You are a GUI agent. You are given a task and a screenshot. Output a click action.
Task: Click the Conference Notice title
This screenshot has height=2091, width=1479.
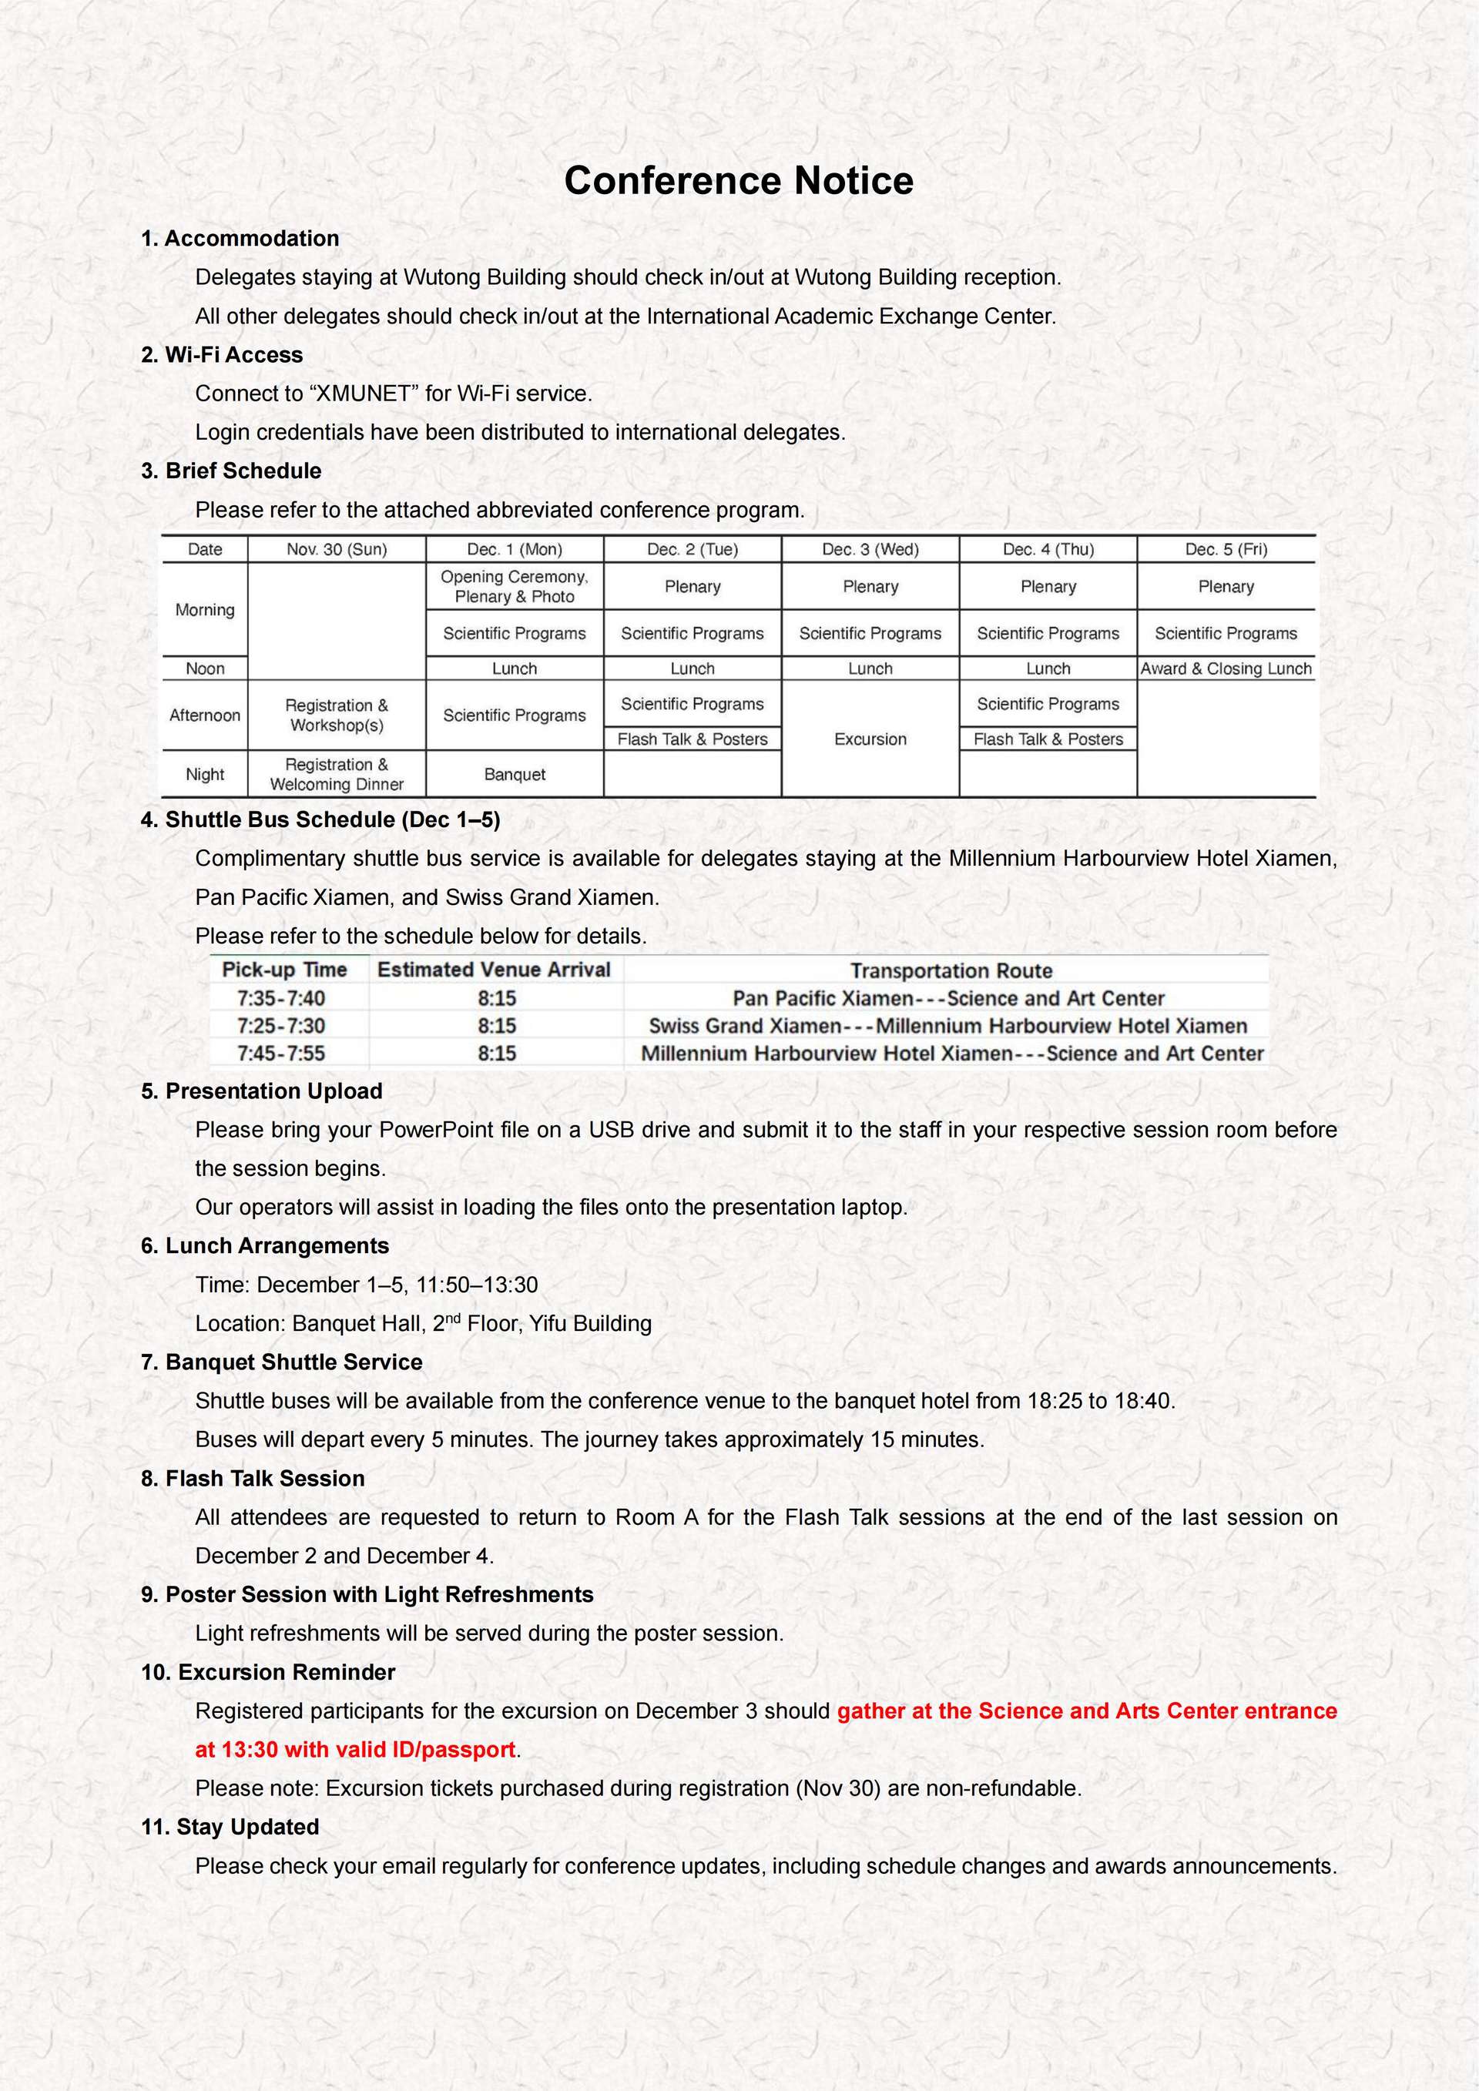pyautogui.click(x=738, y=180)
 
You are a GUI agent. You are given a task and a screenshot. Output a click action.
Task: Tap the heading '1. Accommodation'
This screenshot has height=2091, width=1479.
pyautogui.click(x=240, y=239)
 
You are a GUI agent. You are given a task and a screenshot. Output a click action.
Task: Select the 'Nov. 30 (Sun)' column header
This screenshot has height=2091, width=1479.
pyautogui.click(x=336, y=549)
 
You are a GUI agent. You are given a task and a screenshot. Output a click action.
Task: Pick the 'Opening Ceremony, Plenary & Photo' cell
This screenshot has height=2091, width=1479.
pyautogui.click(x=515, y=587)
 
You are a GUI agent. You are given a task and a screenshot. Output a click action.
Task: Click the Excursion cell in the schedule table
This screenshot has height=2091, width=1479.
pyautogui.click(x=870, y=739)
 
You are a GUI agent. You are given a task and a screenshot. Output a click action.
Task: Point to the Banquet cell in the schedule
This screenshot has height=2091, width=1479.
pyautogui.click(x=515, y=774)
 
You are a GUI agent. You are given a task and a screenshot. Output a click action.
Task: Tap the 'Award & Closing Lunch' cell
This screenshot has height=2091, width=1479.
pyautogui.click(x=1226, y=669)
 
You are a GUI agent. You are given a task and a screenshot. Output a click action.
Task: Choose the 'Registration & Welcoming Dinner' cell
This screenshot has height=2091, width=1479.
pyautogui.click(x=336, y=774)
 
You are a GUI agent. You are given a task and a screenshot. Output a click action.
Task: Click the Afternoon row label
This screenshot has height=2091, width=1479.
pyautogui.click(x=205, y=715)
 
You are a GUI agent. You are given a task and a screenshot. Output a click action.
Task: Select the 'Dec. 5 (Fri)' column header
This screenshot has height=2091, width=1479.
pyautogui.click(x=1226, y=549)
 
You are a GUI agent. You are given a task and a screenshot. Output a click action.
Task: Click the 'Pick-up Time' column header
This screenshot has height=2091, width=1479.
pyautogui.click(x=284, y=970)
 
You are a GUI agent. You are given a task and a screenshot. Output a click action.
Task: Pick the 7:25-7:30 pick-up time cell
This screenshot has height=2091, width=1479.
pyautogui.click(x=280, y=1025)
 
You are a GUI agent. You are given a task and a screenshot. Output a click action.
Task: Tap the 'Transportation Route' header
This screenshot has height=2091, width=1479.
pyautogui.click(x=951, y=971)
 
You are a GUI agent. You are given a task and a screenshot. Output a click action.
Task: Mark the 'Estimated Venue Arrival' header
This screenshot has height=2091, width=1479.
pyautogui.click(x=494, y=970)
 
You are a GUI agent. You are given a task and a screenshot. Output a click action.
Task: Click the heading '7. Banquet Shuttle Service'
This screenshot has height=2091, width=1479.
pyautogui.click(x=281, y=1362)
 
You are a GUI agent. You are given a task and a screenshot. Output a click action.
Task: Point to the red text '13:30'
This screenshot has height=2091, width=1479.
pyautogui.click(x=250, y=1750)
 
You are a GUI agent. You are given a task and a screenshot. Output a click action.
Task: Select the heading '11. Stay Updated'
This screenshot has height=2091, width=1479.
pyautogui.click(x=230, y=1827)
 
